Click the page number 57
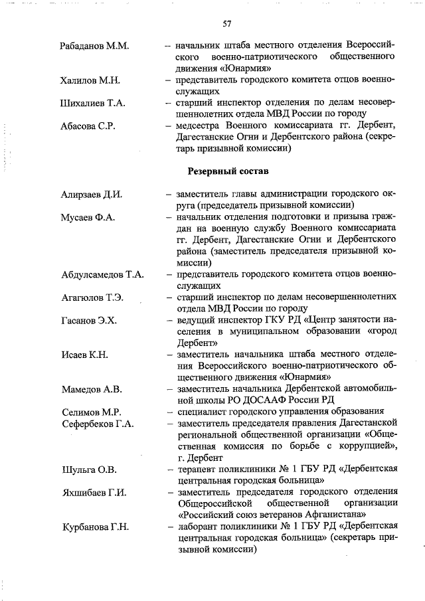click(227, 24)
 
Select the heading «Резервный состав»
click(228, 171)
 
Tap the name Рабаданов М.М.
click(94, 46)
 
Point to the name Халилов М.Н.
click(90, 80)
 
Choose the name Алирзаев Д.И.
click(92, 195)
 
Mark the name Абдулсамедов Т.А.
click(103, 274)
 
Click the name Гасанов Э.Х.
click(89, 320)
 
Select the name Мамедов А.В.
click(91, 388)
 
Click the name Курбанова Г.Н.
click(96, 527)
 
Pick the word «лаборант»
click(197, 527)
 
